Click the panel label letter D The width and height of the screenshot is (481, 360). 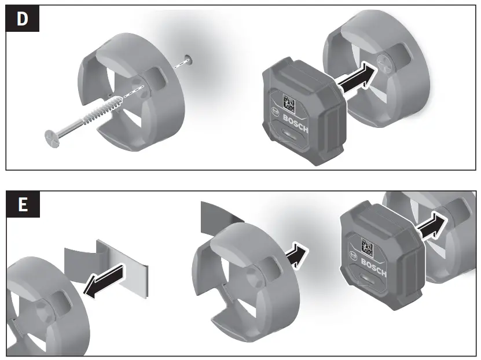[x=22, y=19]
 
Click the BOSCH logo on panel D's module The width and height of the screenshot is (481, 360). [x=296, y=123]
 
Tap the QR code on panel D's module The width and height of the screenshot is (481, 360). [x=288, y=103]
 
